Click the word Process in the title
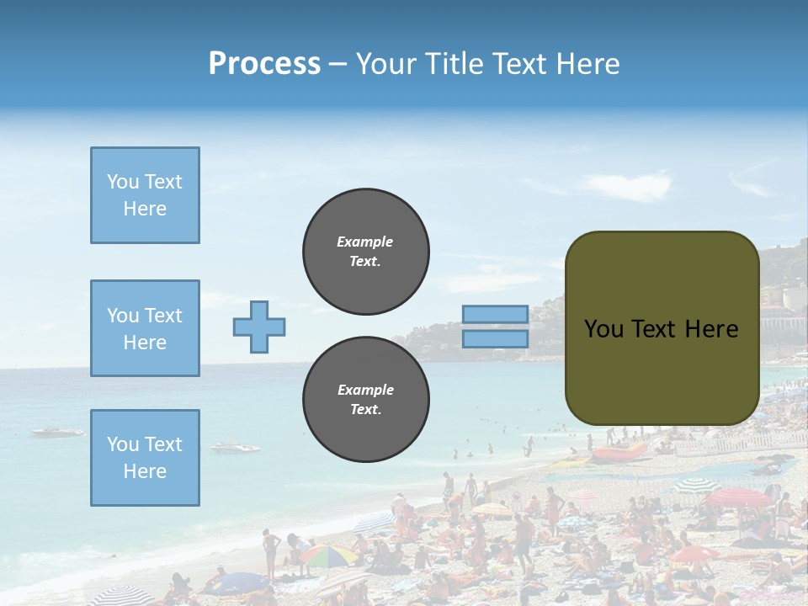(264, 63)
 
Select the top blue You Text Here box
(145, 195)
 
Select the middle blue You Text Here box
(145, 328)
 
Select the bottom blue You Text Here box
(145, 458)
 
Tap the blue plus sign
(259, 327)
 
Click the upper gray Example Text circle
(366, 252)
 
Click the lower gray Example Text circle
(366, 400)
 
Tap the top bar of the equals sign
(495, 314)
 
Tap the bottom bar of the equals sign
(495, 339)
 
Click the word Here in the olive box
(711, 329)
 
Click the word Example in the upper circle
(364, 242)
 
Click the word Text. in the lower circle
(365, 410)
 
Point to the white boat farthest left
(57, 432)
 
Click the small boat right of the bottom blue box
(235, 447)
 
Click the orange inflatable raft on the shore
(619, 454)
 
